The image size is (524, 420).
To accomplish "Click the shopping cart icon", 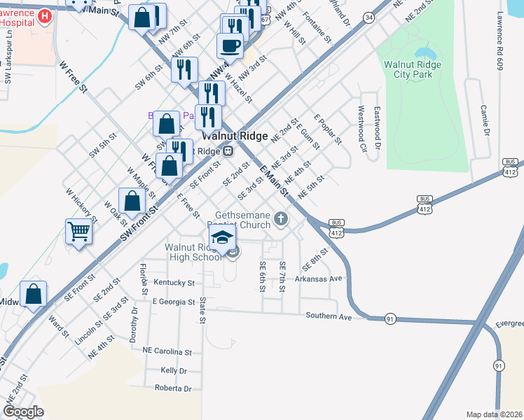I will pyautogui.click(x=79, y=230).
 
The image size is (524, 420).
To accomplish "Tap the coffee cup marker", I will pyautogui.click(x=230, y=46).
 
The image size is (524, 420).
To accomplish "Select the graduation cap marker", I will pyautogui.click(x=221, y=237).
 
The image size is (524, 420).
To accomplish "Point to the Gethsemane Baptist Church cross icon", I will pyautogui.click(x=280, y=220).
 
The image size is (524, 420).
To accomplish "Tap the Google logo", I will pyautogui.click(x=24, y=411).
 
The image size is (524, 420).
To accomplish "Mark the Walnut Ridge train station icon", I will pyautogui.click(x=228, y=151).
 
